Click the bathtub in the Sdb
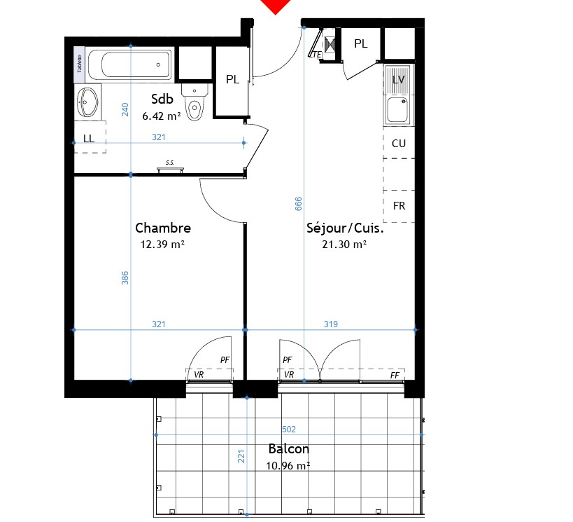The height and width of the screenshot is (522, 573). [129, 64]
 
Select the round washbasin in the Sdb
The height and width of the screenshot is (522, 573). [87, 102]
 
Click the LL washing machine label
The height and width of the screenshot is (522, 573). [89, 138]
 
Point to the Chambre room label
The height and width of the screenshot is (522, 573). [163, 228]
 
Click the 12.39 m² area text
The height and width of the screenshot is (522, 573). [162, 244]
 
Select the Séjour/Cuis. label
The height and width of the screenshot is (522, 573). [345, 228]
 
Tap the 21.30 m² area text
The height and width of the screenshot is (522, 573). [344, 244]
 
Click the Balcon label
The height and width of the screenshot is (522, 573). [289, 449]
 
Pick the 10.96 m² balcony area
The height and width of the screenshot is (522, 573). [288, 466]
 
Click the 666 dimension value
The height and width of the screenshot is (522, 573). [299, 204]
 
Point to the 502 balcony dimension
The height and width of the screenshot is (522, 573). [289, 429]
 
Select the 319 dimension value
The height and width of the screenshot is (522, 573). [331, 324]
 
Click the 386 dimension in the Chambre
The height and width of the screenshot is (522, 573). [125, 278]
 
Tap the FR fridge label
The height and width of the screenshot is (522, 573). [399, 206]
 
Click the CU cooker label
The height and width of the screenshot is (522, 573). [399, 144]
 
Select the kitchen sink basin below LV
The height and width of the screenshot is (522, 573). [397, 109]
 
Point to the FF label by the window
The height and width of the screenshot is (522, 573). [395, 376]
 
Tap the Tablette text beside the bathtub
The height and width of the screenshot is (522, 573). [79, 63]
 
